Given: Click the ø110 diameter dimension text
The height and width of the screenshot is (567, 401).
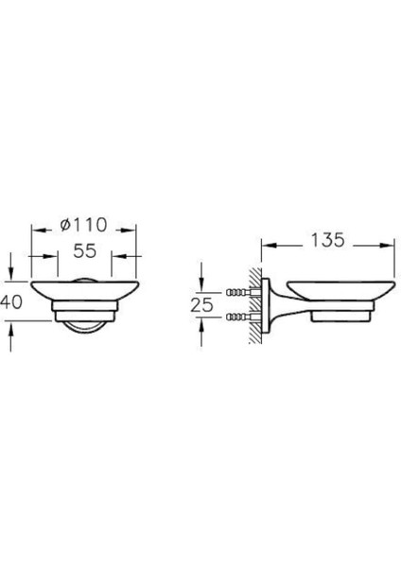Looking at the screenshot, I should pyautogui.click(x=83, y=225).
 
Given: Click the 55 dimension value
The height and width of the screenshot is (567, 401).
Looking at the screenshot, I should pyautogui.click(x=83, y=253).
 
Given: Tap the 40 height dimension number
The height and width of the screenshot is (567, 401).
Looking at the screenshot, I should pyautogui.click(x=9, y=302).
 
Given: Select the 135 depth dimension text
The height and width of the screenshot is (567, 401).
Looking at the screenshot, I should pyautogui.click(x=325, y=242).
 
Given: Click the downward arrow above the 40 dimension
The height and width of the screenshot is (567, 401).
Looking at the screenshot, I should pyautogui.click(x=11, y=274).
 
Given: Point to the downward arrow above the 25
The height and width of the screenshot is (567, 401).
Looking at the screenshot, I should pyautogui.click(x=202, y=282).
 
